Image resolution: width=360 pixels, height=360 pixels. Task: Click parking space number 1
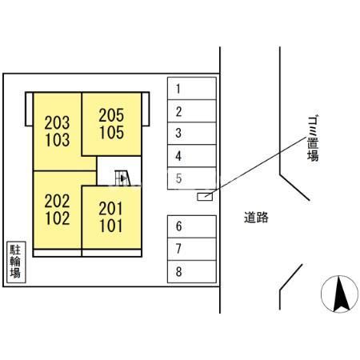point(192,89)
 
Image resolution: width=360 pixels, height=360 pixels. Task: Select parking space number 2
point(192,111)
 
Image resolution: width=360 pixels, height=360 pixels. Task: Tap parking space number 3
point(192,134)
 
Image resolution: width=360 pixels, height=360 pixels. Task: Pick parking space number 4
point(192,156)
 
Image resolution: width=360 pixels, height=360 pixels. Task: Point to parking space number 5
point(192,178)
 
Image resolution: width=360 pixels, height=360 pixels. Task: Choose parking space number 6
point(192,226)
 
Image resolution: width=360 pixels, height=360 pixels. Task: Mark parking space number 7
point(192,249)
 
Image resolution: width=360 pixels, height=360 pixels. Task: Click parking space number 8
point(192,271)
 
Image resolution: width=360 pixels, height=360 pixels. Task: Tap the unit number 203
point(57,122)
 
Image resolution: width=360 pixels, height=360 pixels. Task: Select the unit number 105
point(112,133)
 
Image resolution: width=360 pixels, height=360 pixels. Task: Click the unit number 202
point(57,201)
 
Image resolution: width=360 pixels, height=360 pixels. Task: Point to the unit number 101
point(111,226)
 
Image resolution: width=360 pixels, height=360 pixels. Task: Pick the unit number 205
point(111,115)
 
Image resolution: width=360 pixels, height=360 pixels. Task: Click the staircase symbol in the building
point(122,178)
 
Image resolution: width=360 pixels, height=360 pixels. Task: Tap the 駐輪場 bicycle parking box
point(16,262)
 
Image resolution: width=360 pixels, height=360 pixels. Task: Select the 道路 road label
point(256,218)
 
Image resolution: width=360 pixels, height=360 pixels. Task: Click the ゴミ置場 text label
point(313,138)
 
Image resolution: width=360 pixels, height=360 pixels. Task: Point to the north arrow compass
point(339,294)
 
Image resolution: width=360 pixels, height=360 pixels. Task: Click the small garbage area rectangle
point(205,197)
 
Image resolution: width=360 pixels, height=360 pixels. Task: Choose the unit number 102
point(58,218)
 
